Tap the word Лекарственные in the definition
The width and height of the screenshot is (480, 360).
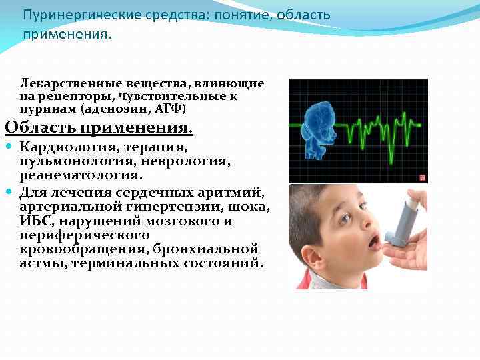(63, 84)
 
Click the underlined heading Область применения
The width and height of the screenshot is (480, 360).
(99, 127)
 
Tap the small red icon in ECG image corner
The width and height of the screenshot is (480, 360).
(421, 177)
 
